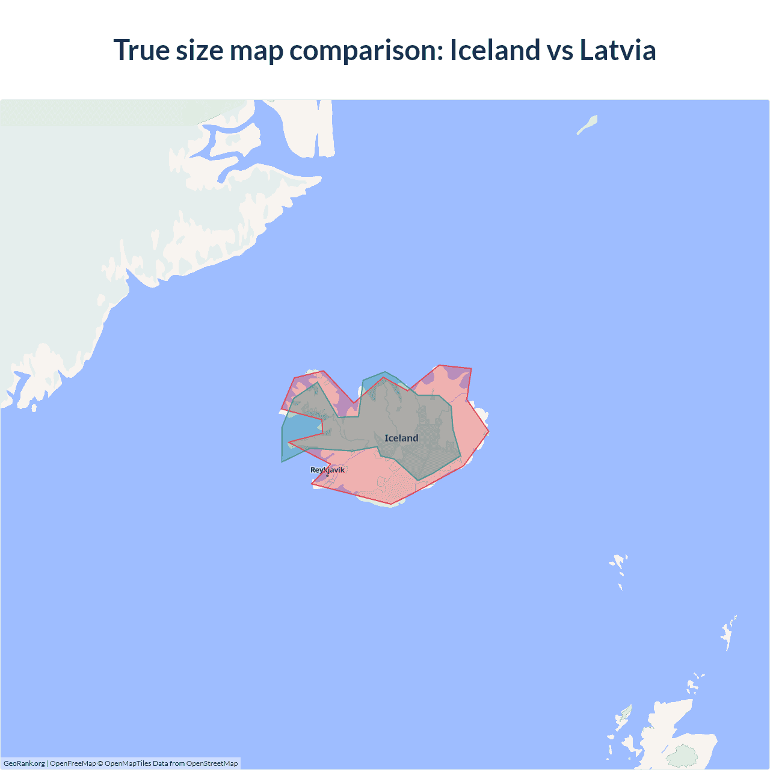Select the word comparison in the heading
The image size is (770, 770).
coord(366,51)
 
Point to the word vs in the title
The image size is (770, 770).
coord(559,50)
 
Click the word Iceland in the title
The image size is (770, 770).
coord(494,50)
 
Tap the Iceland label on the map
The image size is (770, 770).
coord(401,438)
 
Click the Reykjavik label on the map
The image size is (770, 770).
coord(327,470)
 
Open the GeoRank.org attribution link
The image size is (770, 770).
coord(24,763)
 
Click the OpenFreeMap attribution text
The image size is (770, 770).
coord(73,763)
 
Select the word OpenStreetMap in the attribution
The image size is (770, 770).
coord(212,763)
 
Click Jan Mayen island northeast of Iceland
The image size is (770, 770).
coord(588,125)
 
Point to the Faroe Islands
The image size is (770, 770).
coord(619,565)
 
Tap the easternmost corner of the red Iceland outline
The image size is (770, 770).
coord(488,431)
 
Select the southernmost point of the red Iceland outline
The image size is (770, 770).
coord(391,504)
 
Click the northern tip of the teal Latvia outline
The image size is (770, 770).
coord(385,372)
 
